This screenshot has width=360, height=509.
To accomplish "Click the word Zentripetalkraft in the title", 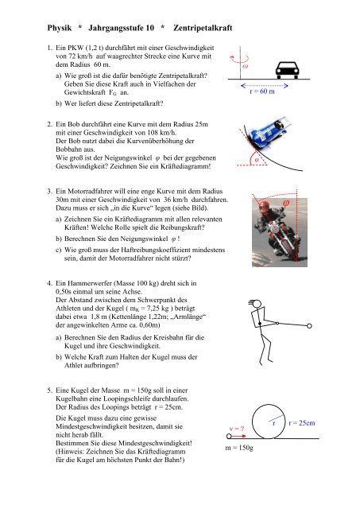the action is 203,28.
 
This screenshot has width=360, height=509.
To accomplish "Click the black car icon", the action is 287,70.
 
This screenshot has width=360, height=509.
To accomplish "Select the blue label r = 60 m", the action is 262,91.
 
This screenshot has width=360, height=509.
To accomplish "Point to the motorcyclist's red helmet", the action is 264,206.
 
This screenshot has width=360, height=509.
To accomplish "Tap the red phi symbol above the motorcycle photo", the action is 286,204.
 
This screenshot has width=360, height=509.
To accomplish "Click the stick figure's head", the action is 257,304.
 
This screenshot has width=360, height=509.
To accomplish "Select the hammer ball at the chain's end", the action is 309,325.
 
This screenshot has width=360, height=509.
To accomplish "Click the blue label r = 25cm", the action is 302,422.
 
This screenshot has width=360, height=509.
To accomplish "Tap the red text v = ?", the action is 237,429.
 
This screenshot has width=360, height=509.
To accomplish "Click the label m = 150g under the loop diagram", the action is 239,448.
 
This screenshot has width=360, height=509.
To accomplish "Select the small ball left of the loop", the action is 229,436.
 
